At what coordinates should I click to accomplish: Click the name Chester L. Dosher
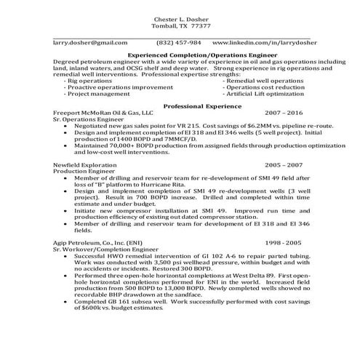pyautogui.click(x=181, y=17)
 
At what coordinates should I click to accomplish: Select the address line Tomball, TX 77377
pyautogui.click(x=182, y=25)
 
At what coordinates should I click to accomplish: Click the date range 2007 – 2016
pyautogui.click(x=284, y=114)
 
